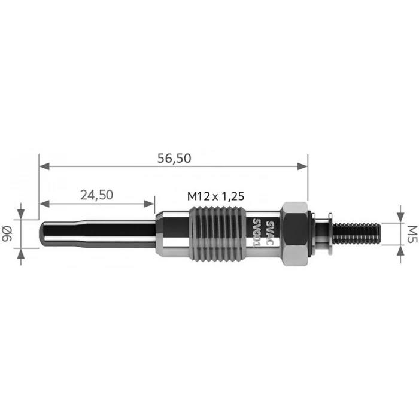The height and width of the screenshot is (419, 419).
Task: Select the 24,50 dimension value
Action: (x=96, y=195)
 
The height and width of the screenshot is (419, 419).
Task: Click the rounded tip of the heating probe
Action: (x=44, y=233)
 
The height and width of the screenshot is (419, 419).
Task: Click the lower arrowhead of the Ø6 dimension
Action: (x=22, y=253)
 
